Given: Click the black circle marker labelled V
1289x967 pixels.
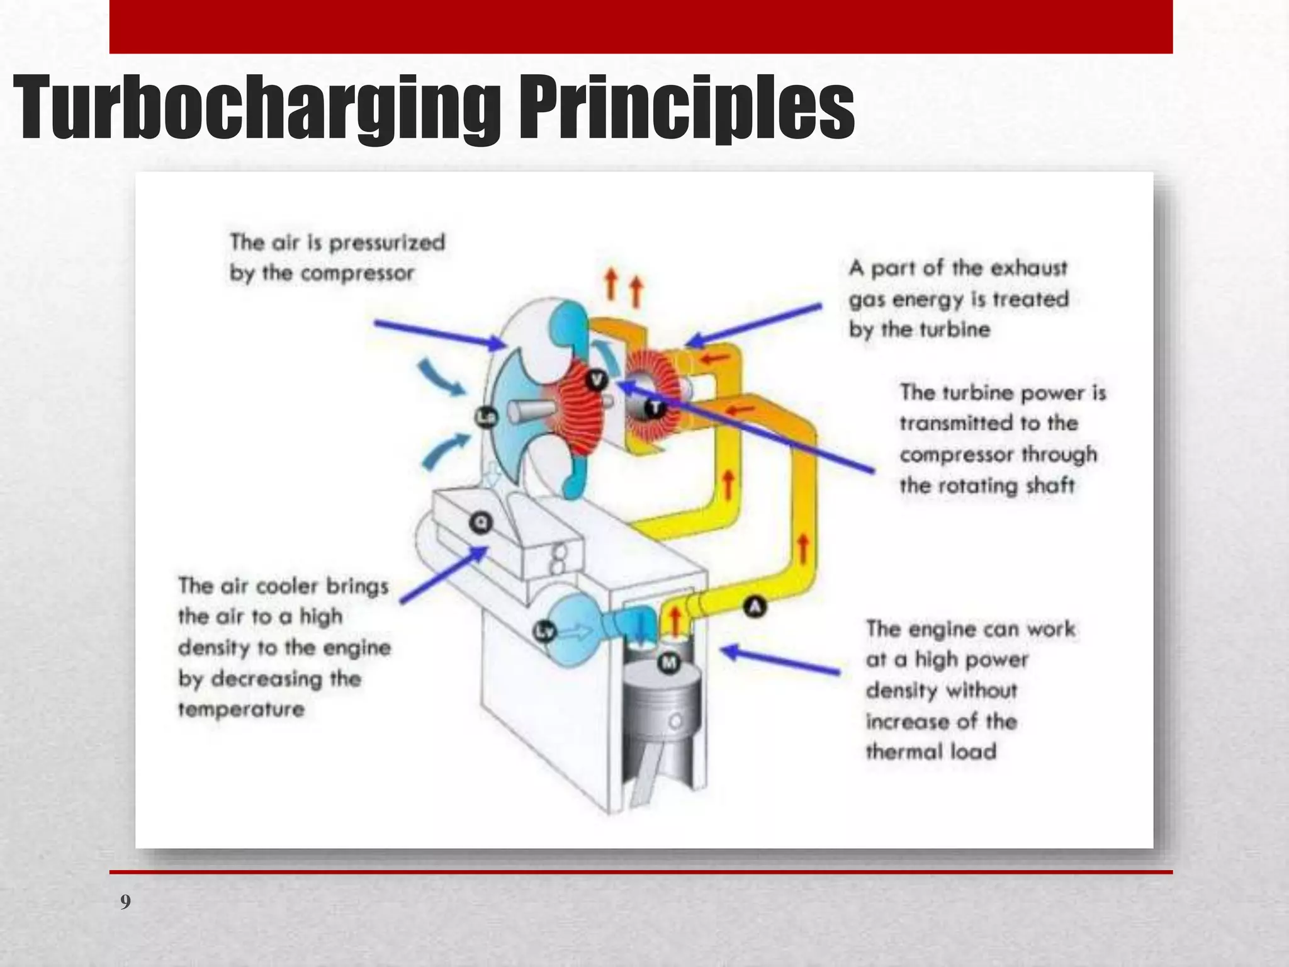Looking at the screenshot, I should [x=596, y=380].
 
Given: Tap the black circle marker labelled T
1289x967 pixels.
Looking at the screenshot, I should [x=655, y=408].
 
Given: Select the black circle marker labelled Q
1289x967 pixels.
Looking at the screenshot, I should [x=481, y=523].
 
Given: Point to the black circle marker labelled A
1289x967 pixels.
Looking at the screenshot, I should [x=755, y=607].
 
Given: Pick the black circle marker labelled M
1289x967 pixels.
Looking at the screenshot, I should [x=669, y=662].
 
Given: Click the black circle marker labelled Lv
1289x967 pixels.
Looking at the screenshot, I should [x=545, y=631].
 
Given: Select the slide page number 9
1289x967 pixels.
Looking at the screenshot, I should [x=126, y=902].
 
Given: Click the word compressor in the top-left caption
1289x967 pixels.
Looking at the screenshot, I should [x=357, y=274].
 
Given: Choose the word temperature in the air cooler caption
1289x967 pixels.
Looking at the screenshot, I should [x=241, y=710].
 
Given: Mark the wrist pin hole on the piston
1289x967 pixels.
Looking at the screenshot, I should [x=675, y=721].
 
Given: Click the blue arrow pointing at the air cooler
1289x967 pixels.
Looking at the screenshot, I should [x=444, y=575].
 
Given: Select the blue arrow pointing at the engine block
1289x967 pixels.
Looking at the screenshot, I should [x=780, y=661].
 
